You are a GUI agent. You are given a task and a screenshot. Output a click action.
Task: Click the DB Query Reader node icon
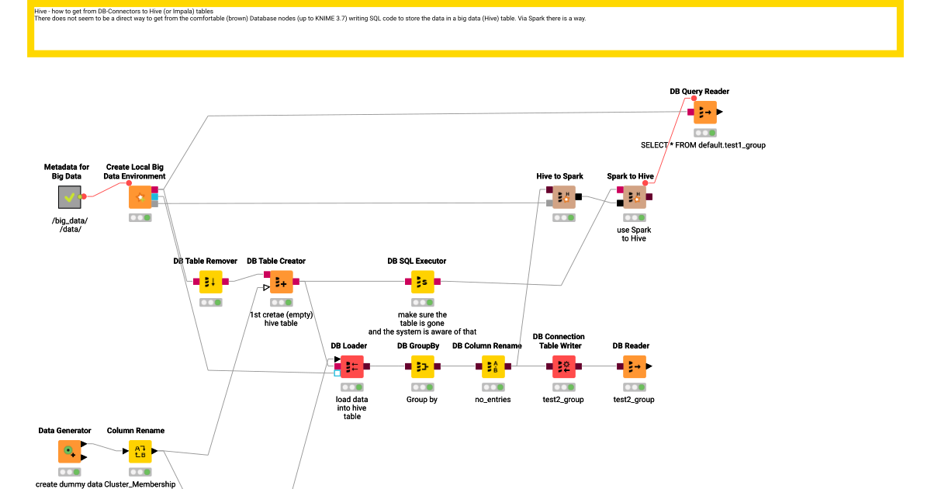pyautogui.click(x=705, y=113)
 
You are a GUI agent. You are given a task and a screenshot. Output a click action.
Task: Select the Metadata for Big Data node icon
pyautogui.click(x=70, y=197)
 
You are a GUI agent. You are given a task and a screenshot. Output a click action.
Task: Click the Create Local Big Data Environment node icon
pyautogui.click(x=140, y=197)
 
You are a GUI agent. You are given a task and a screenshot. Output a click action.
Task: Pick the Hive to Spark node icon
pyautogui.click(x=564, y=197)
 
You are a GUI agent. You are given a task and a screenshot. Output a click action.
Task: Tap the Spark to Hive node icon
pyautogui.click(x=635, y=197)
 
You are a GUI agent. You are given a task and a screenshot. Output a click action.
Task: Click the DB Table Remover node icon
pyautogui.click(x=211, y=282)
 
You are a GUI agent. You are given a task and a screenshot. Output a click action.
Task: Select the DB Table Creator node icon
pyautogui.click(x=282, y=282)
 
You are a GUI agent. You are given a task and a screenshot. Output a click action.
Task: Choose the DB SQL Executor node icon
pyautogui.click(x=423, y=282)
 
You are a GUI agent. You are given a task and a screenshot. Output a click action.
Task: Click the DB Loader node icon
pyautogui.click(x=352, y=366)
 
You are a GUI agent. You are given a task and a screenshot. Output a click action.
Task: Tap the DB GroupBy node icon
pyautogui.click(x=423, y=366)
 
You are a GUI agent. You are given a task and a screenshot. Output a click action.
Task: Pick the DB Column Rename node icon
pyautogui.click(x=493, y=366)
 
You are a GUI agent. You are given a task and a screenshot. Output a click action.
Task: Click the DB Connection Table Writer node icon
pyautogui.click(x=564, y=366)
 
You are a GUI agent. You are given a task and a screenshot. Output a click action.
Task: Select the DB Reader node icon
pyautogui.click(x=635, y=366)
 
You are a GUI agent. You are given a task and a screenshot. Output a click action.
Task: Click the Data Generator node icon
pyautogui.click(x=70, y=451)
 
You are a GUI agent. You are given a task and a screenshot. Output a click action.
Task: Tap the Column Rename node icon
pyautogui.click(x=140, y=451)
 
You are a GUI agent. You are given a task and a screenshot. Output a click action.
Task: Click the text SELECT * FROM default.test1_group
pyautogui.click(x=703, y=145)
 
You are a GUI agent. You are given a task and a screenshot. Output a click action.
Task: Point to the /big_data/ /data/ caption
pyautogui.click(x=70, y=225)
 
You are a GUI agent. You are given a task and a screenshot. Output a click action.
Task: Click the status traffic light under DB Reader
pyautogui.click(x=635, y=387)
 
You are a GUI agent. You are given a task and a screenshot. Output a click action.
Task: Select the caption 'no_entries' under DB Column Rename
pyautogui.click(x=493, y=400)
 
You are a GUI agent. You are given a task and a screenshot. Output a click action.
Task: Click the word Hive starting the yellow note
pyautogui.click(x=41, y=12)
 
